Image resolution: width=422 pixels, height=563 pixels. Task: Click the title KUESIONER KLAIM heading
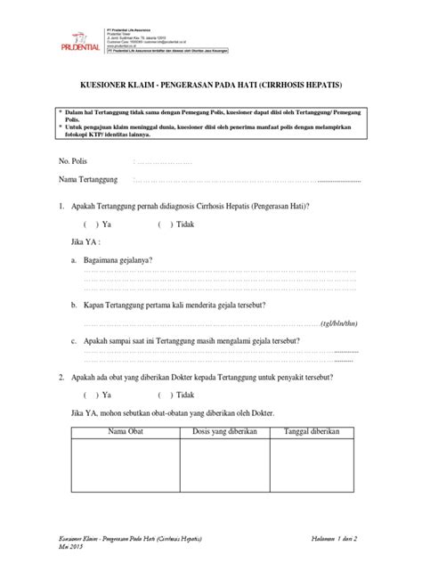pos(210,86)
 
